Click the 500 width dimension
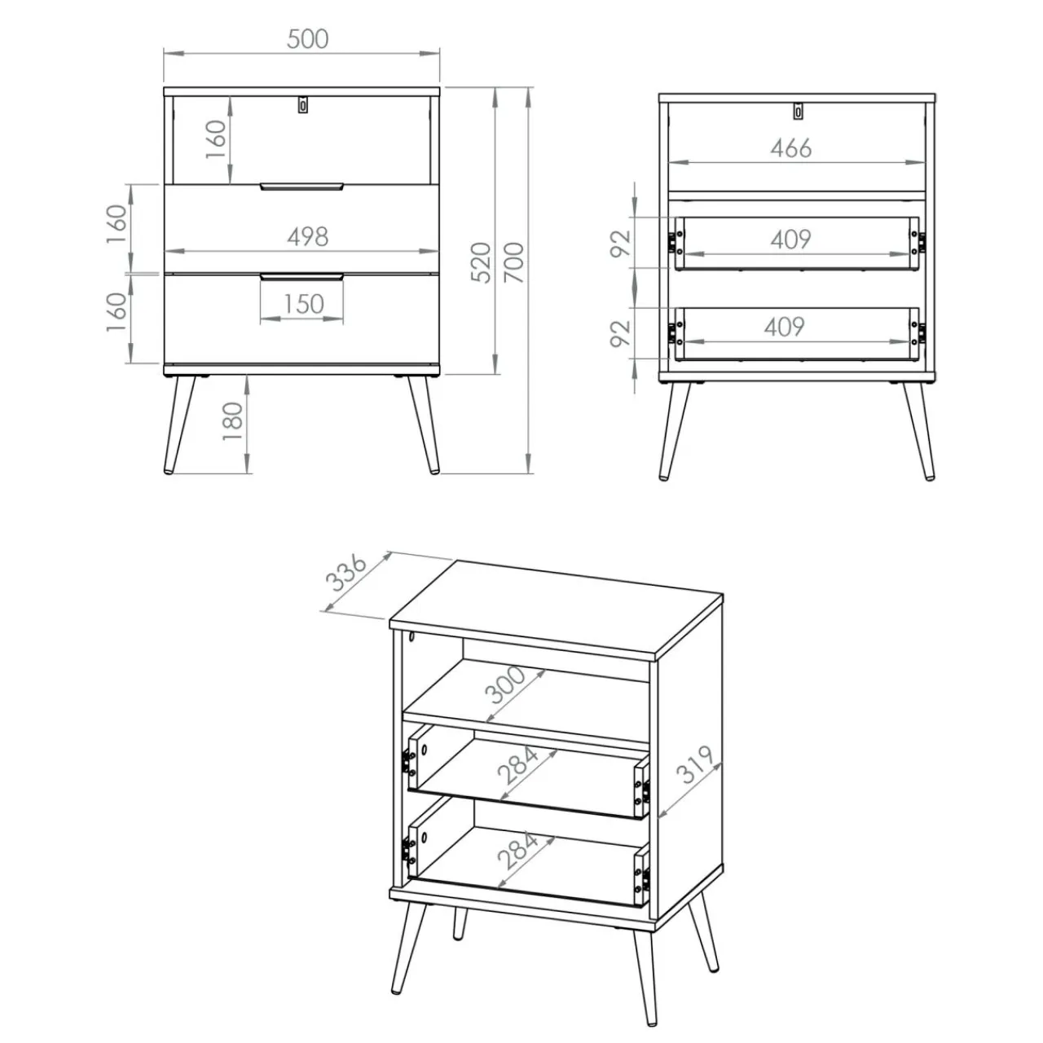coord(307,39)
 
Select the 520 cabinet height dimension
coord(482,262)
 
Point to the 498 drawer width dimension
coord(307,236)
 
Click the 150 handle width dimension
coord(304,304)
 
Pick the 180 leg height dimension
coord(233,420)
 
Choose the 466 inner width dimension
coord(790,148)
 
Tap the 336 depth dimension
coord(346,572)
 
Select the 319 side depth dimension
coord(697,765)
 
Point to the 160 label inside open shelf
coord(215,139)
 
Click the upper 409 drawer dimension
coord(790,240)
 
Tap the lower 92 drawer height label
coord(620,333)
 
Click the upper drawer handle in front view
coord(301,187)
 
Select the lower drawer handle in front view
coord(301,277)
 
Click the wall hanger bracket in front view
coord(303,105)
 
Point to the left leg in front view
coord(178,425)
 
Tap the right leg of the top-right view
coord(918,431)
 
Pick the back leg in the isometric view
coord(460,922)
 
